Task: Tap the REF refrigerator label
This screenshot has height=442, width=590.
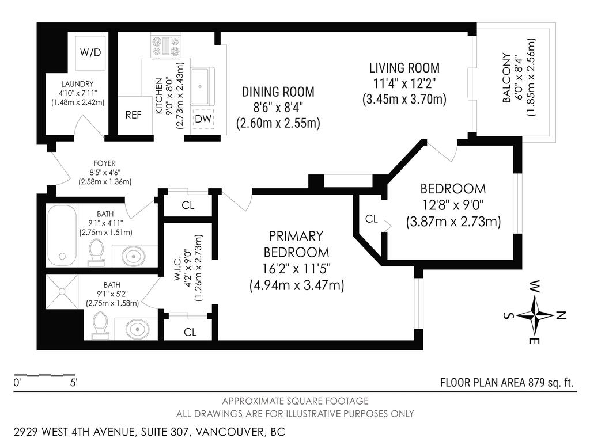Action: point(133,115)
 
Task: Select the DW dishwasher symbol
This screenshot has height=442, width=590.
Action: point(202,119)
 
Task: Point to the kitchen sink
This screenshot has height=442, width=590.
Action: point(202,86)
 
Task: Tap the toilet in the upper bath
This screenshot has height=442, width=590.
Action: point(96,254)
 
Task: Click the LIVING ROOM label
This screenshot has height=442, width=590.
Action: point(404,68)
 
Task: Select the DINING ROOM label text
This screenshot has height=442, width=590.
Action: point(278,92)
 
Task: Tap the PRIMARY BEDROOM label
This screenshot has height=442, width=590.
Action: point(297,244)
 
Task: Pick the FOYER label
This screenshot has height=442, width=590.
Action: point(105,162)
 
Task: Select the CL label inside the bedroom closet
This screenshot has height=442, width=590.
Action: point(372,219)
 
